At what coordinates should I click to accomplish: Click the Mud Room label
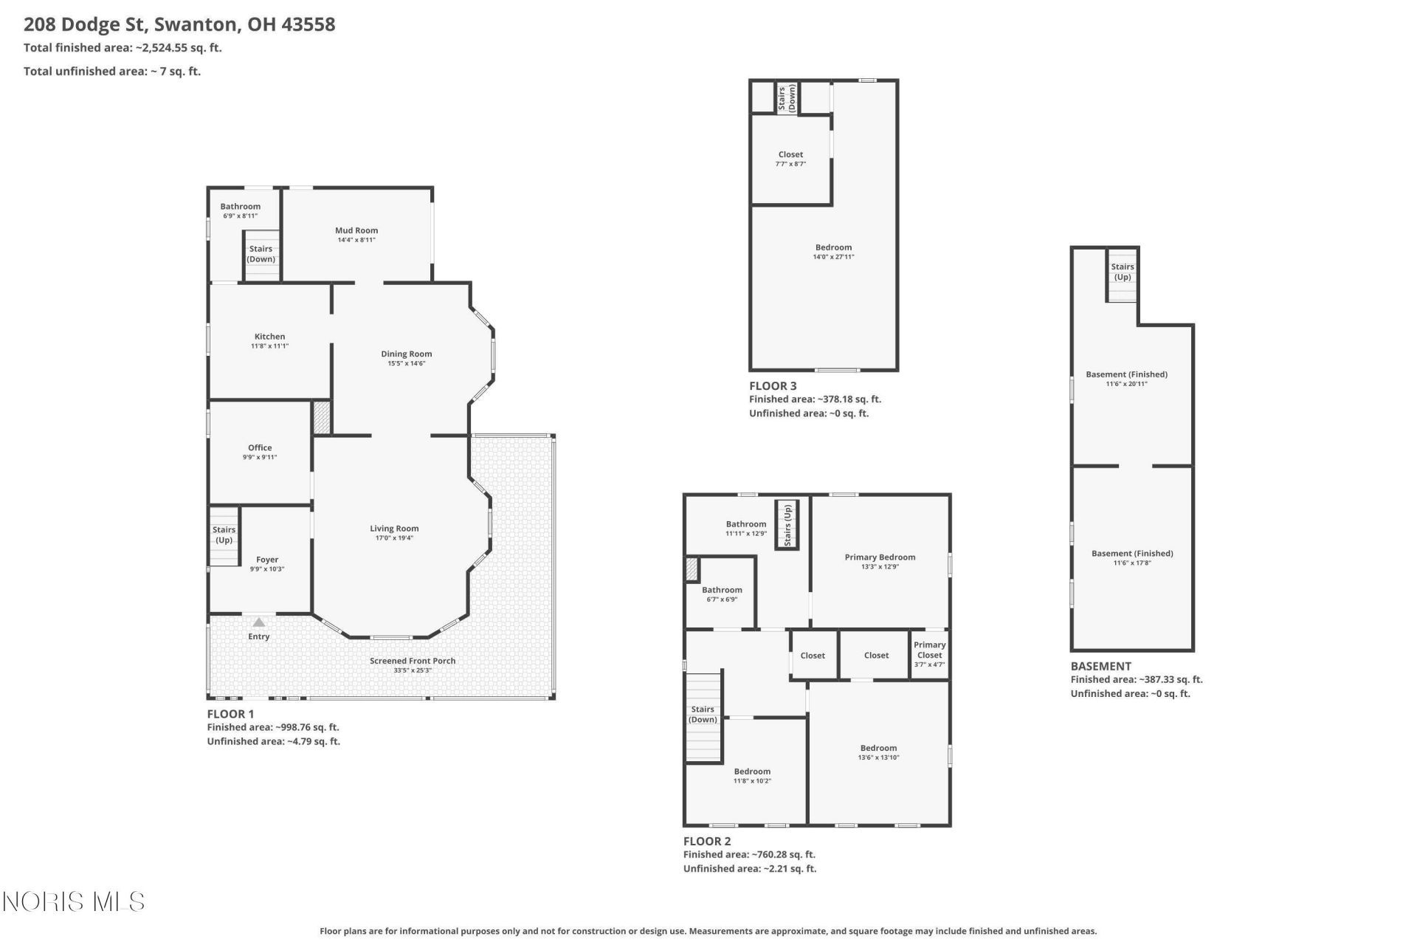(x=356, y=230)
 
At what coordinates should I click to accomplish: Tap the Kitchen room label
(x=269, y=337)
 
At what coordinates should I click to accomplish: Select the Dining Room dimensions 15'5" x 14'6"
(x=407, y=363)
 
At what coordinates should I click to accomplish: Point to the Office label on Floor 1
(x=260, y=447)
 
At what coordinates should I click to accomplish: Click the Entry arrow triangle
(x=258, y=622)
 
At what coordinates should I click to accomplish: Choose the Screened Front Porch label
(x=413, y=661)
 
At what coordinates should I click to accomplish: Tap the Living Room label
(x=394, y=529)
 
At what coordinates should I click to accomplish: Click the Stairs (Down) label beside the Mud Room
(x=261, y=254)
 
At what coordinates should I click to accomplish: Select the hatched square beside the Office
(x=322, y=417)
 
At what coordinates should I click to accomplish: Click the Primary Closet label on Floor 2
(x=929, y=650)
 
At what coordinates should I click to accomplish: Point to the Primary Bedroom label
(x=880, y=557)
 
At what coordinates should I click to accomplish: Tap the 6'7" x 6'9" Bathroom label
(x=722, y=594)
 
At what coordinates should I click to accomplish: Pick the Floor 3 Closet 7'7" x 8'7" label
(x=790, y=159)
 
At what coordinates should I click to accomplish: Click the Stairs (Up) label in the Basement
(x=1123, y=272)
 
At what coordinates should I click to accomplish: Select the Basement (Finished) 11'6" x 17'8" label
(x=1132, y=557)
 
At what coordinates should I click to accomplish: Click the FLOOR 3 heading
(x=773, y=385)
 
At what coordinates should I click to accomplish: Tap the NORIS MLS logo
(x=74, y=901)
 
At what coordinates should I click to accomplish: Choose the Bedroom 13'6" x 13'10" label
(x=878, y=752)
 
